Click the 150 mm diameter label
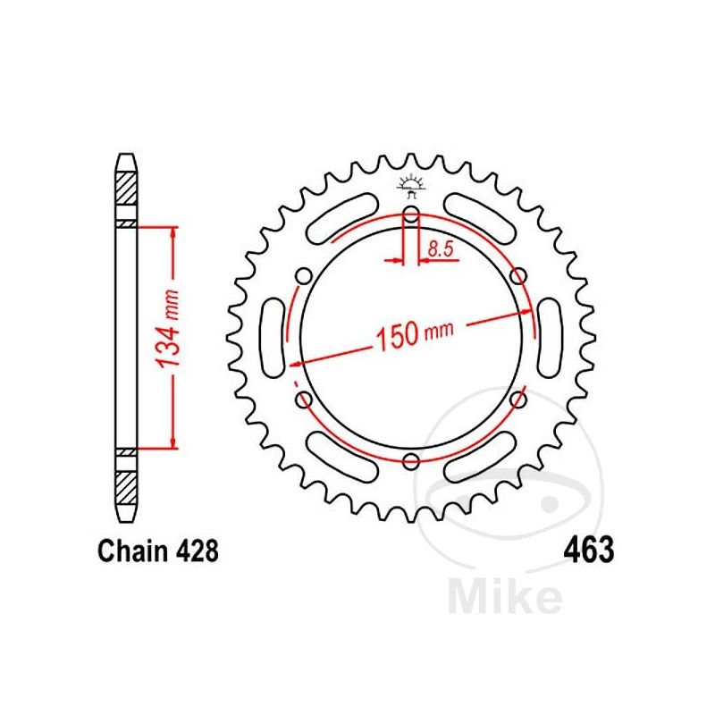pos(414,335)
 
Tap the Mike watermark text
pos(506,597)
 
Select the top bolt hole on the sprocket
pos(411,214)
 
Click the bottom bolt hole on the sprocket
pos(411,461)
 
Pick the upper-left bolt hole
pos(303,275)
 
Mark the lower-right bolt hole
pos(518,400)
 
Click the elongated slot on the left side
pos(272,337)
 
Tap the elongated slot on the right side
pos(551,337)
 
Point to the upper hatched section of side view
pos(125,192)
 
